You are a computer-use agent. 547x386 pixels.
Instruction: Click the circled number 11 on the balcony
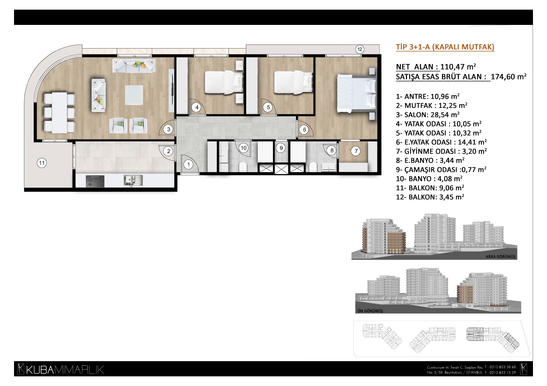[42, 162]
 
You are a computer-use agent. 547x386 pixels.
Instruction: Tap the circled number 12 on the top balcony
[360, 49]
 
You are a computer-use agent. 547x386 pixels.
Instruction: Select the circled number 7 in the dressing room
[356, 151]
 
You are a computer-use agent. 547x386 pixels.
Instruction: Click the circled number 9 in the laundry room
[281, 148]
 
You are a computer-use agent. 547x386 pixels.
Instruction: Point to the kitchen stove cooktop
[95, 181]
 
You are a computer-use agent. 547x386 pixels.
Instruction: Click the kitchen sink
[133, 180]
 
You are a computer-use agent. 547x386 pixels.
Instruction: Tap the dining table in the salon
[60, 112]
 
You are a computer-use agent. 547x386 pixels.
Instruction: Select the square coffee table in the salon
[134, 95]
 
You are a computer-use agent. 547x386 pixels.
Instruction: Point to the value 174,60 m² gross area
[508, 77]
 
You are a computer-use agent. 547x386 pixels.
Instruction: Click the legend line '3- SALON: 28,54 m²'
[428, 115]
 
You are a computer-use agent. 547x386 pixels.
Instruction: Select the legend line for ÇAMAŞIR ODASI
[441, 170]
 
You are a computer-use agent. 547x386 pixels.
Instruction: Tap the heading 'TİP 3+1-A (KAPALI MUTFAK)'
[445, 47]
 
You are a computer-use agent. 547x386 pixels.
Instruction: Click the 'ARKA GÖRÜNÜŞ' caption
[500, 257]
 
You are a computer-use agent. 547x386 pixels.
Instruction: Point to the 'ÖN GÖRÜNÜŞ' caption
[370, 311]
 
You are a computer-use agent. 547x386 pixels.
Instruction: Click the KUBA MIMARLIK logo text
[61, 370]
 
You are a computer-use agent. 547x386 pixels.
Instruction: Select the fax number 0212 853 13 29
[502, 373]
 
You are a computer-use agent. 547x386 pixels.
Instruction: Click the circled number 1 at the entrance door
[188, 164]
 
